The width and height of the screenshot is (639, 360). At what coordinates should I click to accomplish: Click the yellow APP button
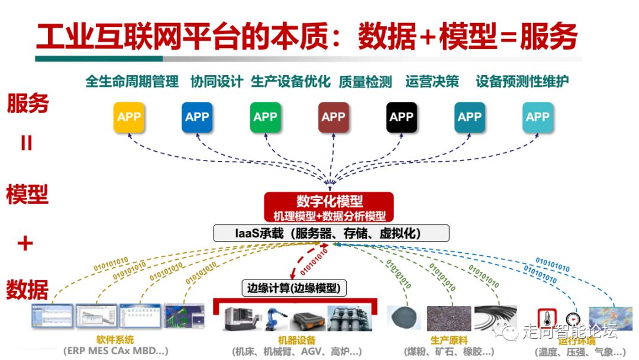[x=129, y=117]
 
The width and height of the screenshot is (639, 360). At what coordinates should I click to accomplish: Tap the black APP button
[x=401, y=117]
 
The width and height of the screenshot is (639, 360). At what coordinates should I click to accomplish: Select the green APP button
[x=265, y=117]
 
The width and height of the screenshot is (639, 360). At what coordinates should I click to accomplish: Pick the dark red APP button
[x=333, y=117]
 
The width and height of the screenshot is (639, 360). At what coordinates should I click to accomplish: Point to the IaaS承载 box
[x=331, y=233]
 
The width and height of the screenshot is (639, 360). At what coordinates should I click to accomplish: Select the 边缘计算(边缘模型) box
[x=295, y=288]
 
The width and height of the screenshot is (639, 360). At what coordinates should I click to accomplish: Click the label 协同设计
[x=217, y=82]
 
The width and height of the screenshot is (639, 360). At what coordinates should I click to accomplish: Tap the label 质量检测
[x=365, y=82]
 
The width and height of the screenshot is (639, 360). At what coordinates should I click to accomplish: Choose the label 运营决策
[x=432, y=82]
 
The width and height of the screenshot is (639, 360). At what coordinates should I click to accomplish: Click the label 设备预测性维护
[x=522, y=82]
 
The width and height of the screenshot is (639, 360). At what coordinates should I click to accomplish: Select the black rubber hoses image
[x=496, y=317]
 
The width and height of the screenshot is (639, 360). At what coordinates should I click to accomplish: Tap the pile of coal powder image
[x=404, y=318]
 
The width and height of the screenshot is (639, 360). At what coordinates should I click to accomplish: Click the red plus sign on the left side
[x=25, y=243]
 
